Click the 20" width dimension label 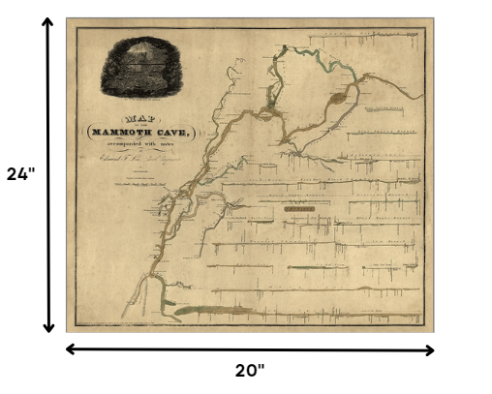pyautogui.click(x=250, y=369)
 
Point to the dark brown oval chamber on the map pyautogui.click(x=338, y=97)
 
